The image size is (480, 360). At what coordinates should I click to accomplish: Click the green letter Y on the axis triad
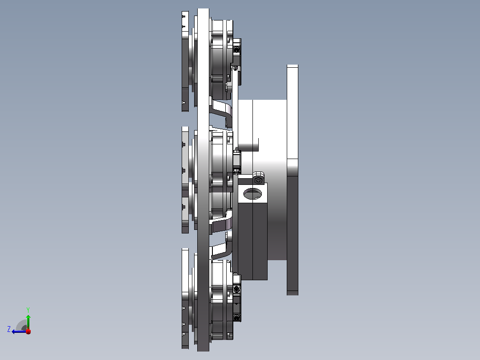[x=28, y=310]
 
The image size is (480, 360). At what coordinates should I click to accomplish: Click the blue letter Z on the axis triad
[x=9, y=329]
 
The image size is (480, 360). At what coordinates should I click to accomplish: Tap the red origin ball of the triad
[x=28, y=331]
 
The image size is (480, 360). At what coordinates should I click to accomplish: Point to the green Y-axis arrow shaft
[x=28, y=322]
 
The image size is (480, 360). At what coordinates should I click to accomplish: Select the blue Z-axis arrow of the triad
[x=19, y=331]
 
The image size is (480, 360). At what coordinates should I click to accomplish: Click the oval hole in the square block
[x=252, y=194]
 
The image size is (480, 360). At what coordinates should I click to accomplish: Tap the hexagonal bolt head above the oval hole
[x=258, y=180]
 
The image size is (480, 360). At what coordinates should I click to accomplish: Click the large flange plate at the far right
[x=293, y=180]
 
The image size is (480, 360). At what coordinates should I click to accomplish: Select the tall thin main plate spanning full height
[x=203, y=180]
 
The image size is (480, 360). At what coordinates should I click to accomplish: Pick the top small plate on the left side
[x=185, y=61]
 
